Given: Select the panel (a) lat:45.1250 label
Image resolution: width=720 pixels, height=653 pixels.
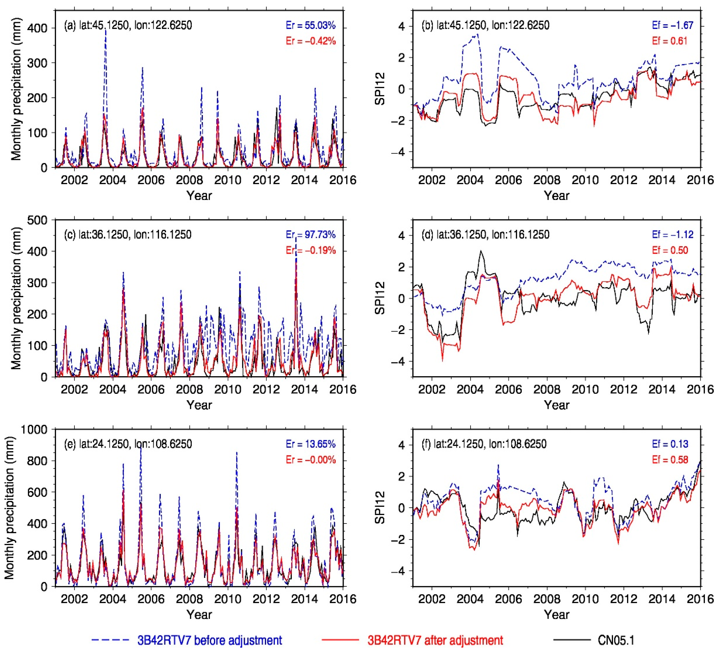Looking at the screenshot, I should (128, 25).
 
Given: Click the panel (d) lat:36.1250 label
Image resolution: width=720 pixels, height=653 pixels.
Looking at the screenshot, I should (485, 235).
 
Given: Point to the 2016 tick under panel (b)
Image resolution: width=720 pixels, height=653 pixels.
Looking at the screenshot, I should (699, 180).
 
